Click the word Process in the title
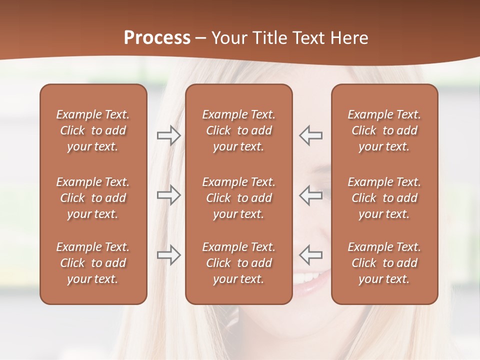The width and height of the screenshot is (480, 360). click(x=157, y=37)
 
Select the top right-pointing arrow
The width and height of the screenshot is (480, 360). click(x=168, y=135)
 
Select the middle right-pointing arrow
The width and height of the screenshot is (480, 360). click(x=168, y=195)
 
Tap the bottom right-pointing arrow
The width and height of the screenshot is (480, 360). click(x=168, y=255)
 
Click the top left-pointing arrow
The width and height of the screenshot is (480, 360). click(x=311, y=135)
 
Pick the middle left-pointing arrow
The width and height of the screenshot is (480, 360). click(x=311, y=195)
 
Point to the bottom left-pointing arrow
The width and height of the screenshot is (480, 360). click(x=311, y=255)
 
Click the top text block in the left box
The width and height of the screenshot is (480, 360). click(x=93, y=130)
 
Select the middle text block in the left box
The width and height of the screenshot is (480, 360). click(x=93, y=198)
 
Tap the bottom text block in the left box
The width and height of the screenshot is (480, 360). click(x=93, y=263)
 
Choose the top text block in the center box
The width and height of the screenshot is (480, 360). click(x=239, y=130)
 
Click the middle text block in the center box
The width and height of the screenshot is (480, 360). click(x=239, y=198)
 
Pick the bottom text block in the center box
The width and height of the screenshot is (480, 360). click(x=239, y=263)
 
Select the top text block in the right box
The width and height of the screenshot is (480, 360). click(x=384, y=130)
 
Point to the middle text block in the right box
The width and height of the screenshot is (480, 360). click(x=384, y=198)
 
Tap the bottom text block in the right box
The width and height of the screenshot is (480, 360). click(x=384, y=263)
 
